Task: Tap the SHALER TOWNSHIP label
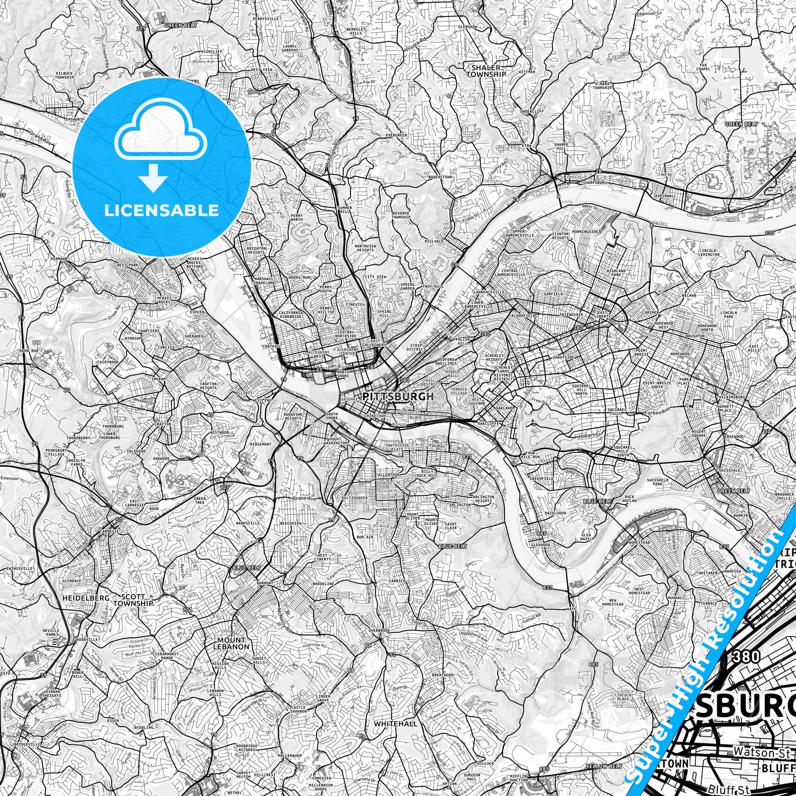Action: coord(486,71)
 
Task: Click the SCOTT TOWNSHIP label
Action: coord(133,600)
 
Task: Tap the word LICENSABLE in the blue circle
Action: coord(161,211)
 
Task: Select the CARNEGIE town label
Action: coord(108,531)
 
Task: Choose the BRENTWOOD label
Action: coord(443,687)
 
